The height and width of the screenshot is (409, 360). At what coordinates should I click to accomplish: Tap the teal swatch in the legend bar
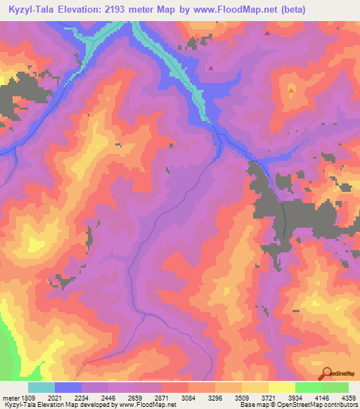[x=41, y=387]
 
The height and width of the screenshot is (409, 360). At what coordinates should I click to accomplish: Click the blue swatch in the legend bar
[x=68, y=387]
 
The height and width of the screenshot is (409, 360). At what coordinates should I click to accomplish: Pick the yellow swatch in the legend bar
[x=282, y=387]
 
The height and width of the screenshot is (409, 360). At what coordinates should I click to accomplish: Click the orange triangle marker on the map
[x=291, y=90]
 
